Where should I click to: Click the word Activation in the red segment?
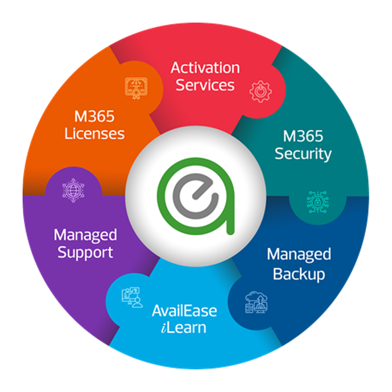(205, 68)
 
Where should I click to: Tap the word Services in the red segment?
(205, 85)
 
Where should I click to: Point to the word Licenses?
(95, 134)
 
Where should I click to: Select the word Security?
(303, 154)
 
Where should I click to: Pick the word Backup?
(299, 274)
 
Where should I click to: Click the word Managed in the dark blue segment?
(299, 255)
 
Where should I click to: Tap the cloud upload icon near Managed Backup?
(256, 302)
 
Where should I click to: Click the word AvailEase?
(185, 310)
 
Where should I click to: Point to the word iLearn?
(184, 328)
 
